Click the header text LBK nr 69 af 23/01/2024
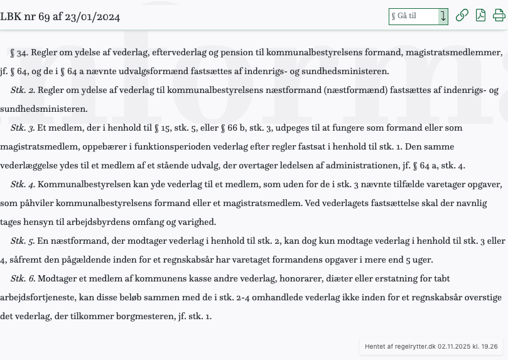60,16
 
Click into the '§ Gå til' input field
413,16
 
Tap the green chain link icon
462,16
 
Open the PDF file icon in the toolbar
480,16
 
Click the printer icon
499,16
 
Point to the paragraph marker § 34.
19,53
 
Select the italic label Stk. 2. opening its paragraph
23,90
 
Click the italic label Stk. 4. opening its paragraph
23,185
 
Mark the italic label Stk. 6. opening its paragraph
23,279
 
